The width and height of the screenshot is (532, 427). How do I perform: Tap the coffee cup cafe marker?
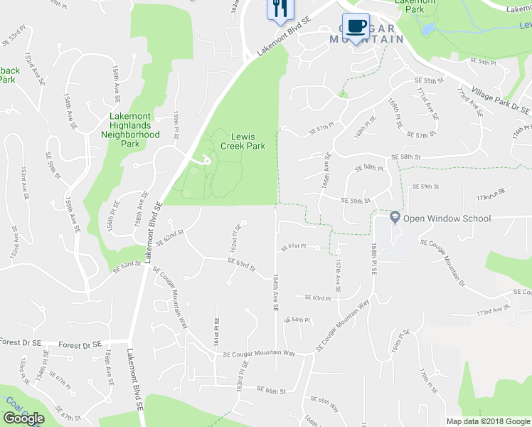[x=356, y=26]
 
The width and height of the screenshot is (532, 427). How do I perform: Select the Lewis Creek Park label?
[x=248, y=141]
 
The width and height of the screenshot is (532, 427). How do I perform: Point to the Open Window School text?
[x=447, y=218]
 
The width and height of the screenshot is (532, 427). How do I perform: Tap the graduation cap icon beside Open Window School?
[x=395, y=218]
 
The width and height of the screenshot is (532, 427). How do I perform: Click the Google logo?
[x=23, y=418]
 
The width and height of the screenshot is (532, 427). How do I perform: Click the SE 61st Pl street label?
[x=292, y=246]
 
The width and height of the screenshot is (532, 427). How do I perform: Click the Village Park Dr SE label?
[x=502, y=100]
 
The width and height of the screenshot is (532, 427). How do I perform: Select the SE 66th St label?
[x=270, y=390]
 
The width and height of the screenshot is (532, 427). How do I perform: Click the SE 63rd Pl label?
[x=318, y=297]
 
